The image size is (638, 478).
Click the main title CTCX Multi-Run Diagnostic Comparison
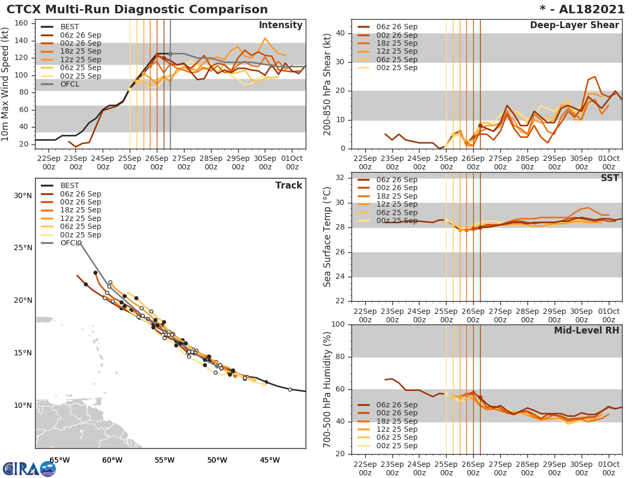click(137, 10)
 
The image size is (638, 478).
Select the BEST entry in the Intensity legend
click(69, 27)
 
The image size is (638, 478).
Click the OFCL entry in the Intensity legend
click(70, 84)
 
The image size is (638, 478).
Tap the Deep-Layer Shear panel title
click(574, 25)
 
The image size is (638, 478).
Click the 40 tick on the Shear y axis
click(340, 33)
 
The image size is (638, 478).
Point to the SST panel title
click(610, 178)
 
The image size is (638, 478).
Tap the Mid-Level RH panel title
click(586, 331)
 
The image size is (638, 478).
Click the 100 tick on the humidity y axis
click(338, 325)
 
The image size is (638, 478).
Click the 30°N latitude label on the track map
click(22, 195)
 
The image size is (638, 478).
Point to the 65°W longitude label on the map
click(60, 460)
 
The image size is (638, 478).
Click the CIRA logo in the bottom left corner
click(29, 468)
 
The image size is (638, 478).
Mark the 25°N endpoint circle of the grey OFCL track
click(80, 243)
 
